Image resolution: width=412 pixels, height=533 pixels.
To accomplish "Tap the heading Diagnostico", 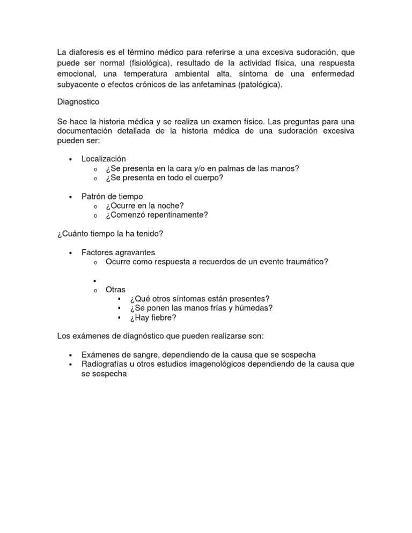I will (x=78, y=101).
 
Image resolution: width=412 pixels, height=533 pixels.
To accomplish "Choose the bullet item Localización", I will (x=104, y=159).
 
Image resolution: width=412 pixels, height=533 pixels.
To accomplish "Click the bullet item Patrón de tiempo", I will (x=112, y=196).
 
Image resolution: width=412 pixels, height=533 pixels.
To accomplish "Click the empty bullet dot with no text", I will (x=94, y=281).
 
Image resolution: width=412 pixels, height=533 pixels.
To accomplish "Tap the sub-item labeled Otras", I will (x=115, y=290).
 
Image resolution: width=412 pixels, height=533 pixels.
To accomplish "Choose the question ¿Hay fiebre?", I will (x=152, y=317).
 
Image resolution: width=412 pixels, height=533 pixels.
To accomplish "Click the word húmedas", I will (x=253, y=308).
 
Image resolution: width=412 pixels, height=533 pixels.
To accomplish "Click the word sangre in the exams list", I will (x=142, y=355).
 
